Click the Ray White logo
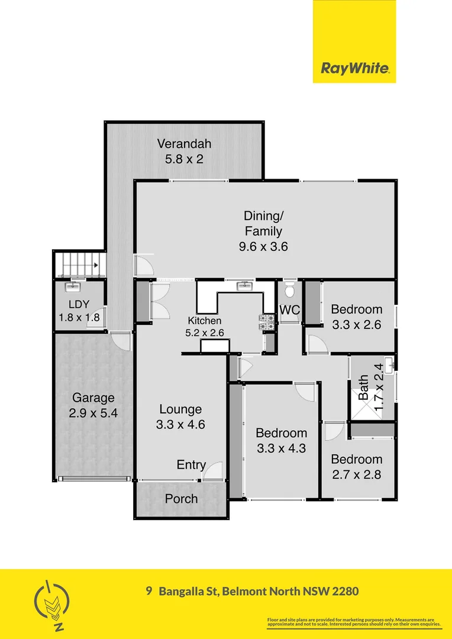pos(354,68)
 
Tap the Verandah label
pos(184,143)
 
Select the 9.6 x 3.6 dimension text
pos(263,247)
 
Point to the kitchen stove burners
pos(266,321)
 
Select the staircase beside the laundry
pos(79,264)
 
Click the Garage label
pos(93,398)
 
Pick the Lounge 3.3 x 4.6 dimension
pos(180,424)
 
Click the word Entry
pos(191,465)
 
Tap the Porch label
pos(181,499)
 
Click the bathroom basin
pos(389,363)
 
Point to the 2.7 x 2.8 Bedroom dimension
pos(356,475)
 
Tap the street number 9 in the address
pos(150,590)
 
